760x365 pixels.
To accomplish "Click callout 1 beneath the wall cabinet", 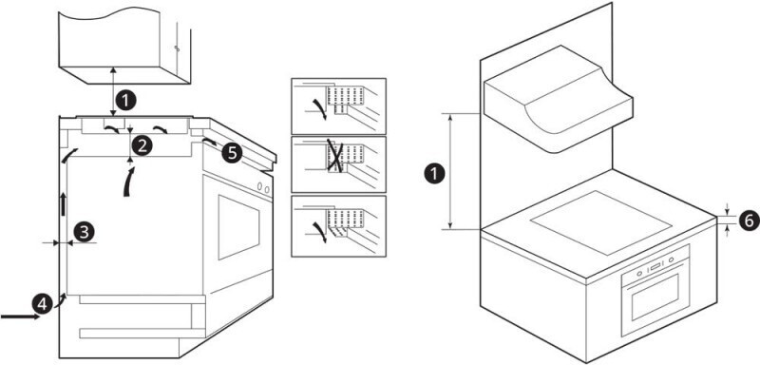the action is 126,102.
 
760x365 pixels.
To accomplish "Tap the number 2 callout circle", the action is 142,145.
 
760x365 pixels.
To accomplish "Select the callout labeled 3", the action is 84,232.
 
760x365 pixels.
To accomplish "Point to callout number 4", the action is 42,304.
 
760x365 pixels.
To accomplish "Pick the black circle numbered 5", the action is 232,153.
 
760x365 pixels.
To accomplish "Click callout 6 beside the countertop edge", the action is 749,221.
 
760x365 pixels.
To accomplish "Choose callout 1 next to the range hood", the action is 434,174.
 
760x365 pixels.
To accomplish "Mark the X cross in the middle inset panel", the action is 335,155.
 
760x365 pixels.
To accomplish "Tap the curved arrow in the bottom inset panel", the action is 320,232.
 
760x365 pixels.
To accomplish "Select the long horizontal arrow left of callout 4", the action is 20,317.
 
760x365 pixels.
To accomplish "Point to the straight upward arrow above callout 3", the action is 63,203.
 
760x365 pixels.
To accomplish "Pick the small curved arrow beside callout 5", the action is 210,142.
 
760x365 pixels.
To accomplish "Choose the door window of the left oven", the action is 238,227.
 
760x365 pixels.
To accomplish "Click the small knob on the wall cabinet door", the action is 178,49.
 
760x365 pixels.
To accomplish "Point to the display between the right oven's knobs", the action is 655,266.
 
